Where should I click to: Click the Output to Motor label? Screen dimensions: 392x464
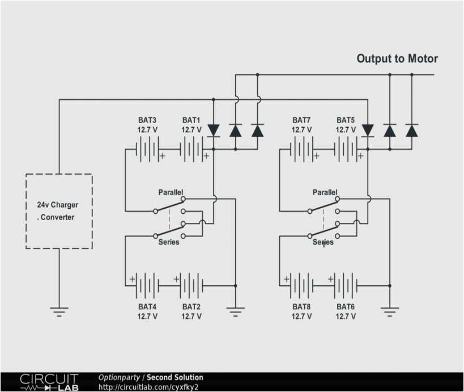(397, 59)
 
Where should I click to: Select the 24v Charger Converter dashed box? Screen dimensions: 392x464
(59, 211)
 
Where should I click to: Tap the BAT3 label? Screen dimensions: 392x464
(147, 120)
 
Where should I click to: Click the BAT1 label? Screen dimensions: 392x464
(191, 120)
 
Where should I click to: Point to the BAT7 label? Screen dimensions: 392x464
(301, 120)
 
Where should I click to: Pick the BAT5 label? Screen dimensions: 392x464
(346, 120)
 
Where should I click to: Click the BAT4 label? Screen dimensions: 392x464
(147, 307)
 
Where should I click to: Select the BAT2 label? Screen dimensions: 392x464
(191, 307)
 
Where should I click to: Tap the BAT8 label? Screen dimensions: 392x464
(301, 307)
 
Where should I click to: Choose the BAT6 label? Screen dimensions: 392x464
(346, 307)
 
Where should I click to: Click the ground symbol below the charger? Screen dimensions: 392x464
(59, 310)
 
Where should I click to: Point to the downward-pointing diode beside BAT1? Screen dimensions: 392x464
(214, 130)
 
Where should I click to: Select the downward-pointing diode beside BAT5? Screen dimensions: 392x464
(368, 130)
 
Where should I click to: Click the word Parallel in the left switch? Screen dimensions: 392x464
(171, 193)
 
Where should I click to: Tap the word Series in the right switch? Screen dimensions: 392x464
(323, 242)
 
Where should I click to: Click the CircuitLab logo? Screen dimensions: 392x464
(50, 382)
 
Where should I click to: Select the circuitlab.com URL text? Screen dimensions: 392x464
(148, 387)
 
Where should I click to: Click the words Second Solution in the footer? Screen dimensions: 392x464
(175, 377)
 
